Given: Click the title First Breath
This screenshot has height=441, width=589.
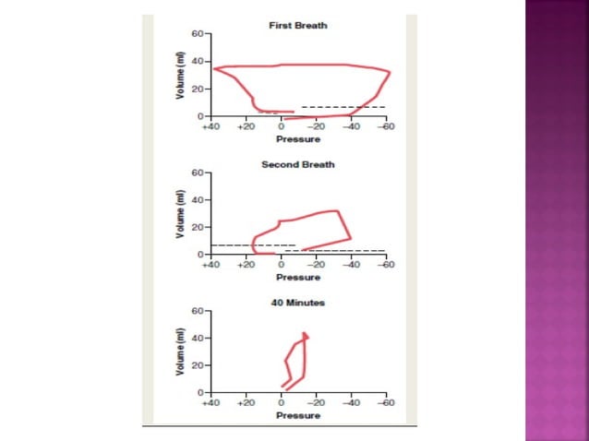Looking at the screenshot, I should (297, 25).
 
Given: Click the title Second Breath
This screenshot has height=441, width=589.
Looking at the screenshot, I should (297, 164).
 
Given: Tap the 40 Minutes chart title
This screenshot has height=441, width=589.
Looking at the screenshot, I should (297, 302).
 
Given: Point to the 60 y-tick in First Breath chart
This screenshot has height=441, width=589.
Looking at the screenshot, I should (198, 34).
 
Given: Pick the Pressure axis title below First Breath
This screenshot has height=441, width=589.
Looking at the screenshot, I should (297, 139).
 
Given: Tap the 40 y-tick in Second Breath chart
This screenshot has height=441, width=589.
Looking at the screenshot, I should (198, 200).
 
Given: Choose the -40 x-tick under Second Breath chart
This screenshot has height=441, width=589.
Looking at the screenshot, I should (351, 263).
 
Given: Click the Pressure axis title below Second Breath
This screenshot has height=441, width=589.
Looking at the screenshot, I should (297, 277).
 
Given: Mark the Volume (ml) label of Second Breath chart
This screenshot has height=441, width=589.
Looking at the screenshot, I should (181, 213).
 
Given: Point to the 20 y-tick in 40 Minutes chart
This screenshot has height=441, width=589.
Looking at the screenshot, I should (198, 365).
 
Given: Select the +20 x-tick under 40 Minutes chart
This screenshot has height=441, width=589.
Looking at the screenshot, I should (246, 402).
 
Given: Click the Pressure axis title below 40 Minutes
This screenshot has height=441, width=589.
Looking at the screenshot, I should (297, 416).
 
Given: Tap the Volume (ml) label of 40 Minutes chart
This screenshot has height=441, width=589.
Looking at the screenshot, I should (181, 352).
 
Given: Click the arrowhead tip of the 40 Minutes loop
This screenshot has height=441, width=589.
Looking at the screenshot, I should (306, 335).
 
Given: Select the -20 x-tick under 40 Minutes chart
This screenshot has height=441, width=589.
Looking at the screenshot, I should (316, 402).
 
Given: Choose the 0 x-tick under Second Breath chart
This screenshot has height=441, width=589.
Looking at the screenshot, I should (281, 263).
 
